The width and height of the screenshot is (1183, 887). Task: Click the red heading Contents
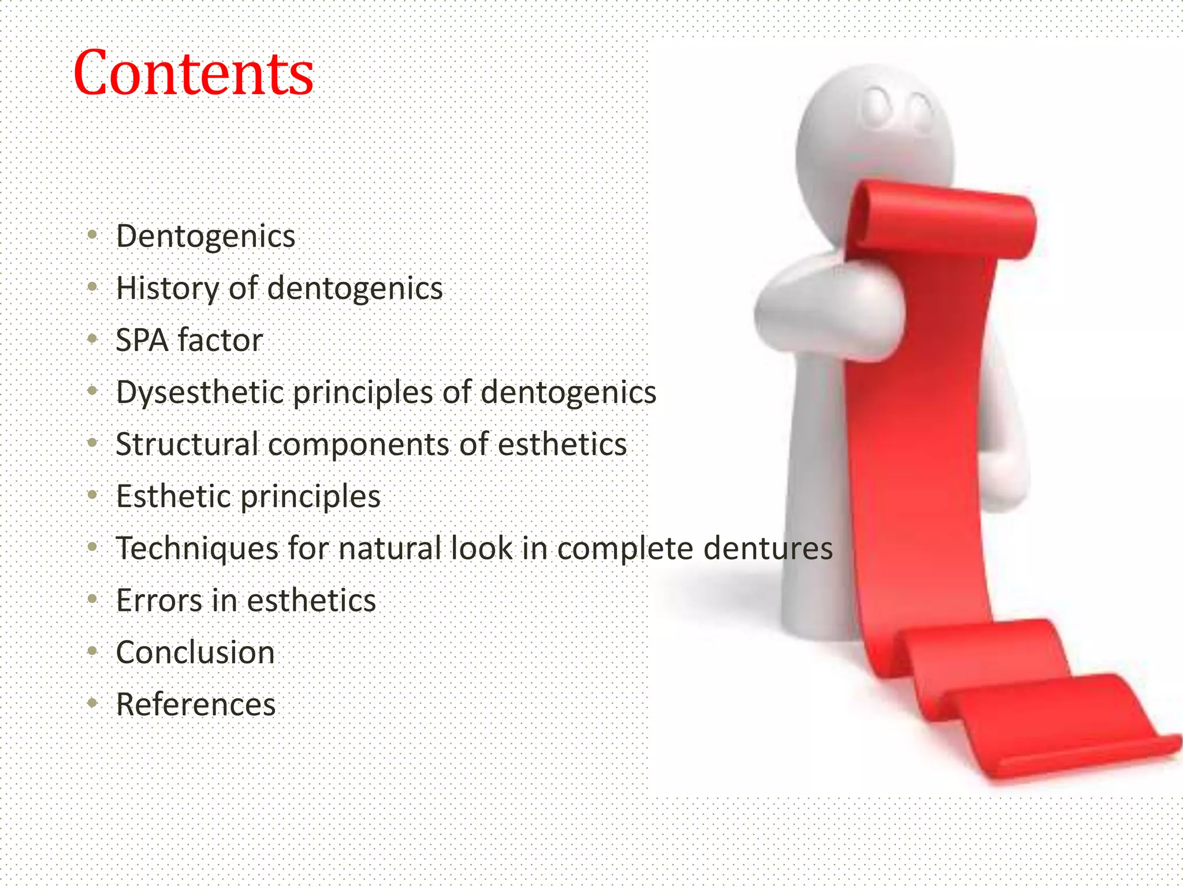tap(194, 74)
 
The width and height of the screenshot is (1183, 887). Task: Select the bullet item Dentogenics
tap(206, 237)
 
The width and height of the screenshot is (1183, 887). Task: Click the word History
tap(167, 288)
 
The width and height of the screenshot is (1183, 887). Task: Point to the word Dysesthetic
tap(199, 393)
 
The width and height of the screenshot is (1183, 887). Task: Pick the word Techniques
tap(197, 548)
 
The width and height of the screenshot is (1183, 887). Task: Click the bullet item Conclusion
tap(195, 653)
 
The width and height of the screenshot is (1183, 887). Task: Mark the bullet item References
tap(196, 705)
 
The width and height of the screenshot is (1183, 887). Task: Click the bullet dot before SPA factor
tap(92, 340)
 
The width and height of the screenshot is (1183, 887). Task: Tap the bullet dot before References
tap(92, 703)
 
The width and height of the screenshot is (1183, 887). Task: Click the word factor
tap(220, 340)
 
